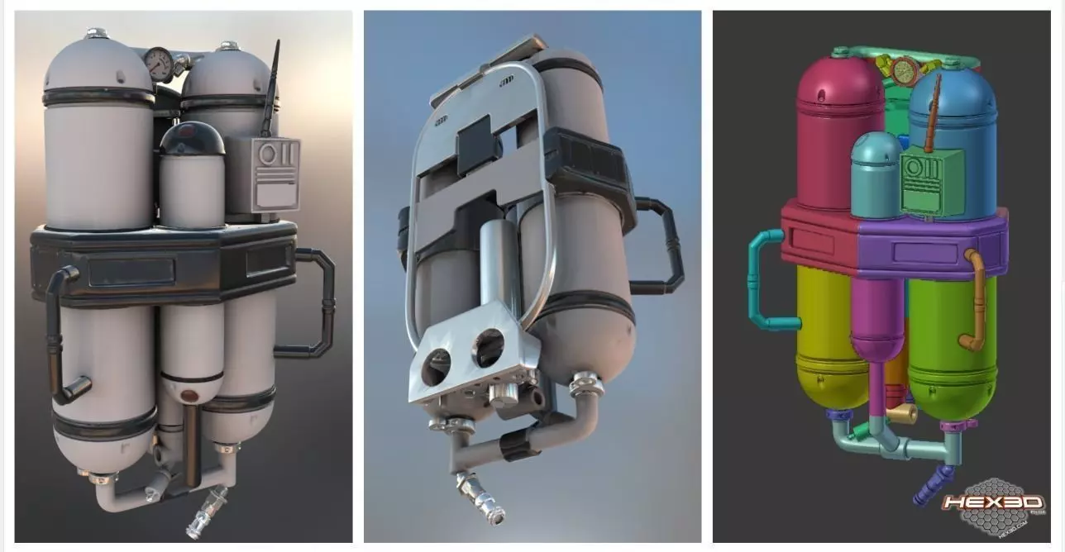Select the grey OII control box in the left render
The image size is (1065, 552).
point(274,174)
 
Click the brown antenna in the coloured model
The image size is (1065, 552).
point(934,116)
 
